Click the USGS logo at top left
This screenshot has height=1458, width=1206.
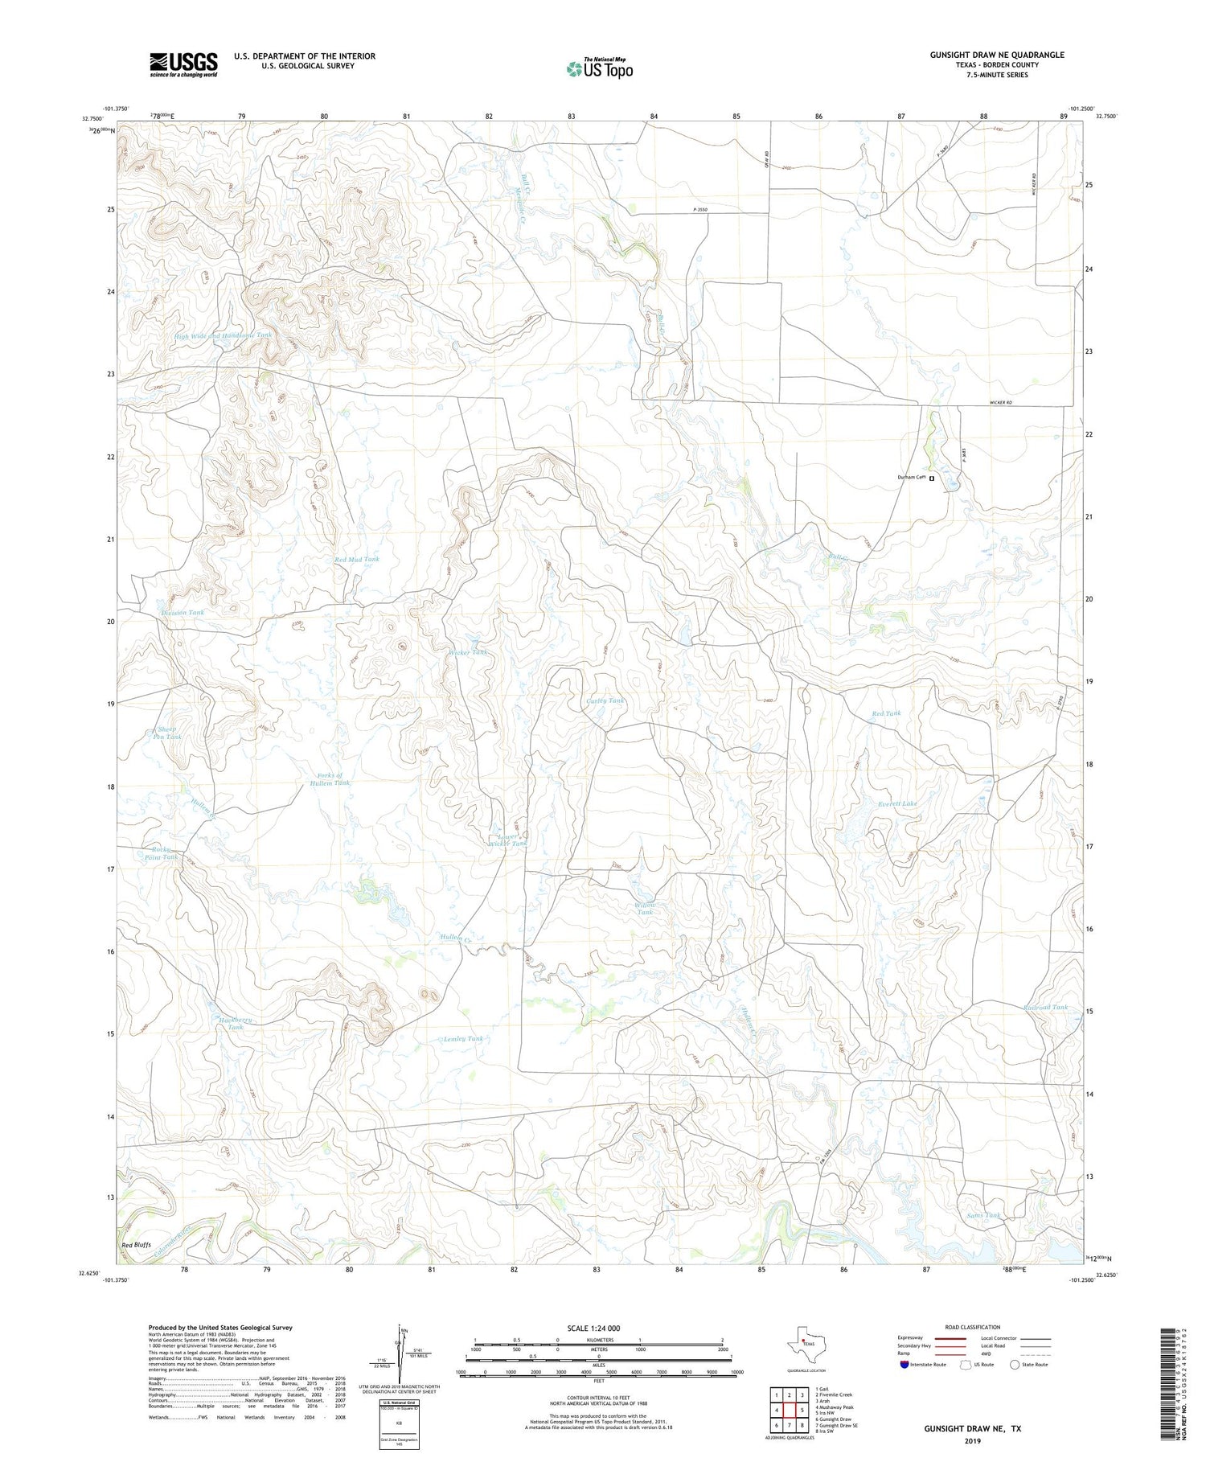183,64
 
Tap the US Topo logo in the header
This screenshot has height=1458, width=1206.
599,68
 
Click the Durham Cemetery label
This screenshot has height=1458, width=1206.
913,478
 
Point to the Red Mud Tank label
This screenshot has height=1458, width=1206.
357,559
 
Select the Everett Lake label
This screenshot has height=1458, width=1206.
897,803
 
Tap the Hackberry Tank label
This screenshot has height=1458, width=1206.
236,1023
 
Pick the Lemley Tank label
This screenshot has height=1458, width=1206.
464,1038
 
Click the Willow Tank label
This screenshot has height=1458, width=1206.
646,908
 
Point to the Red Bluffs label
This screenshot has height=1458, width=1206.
137,1245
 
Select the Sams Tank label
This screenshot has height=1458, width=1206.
983,1214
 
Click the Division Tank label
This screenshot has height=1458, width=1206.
183,612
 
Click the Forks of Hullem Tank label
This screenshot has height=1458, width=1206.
331,778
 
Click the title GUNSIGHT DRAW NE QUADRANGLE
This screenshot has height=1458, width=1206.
997,55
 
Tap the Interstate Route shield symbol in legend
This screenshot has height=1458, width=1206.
904,1364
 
